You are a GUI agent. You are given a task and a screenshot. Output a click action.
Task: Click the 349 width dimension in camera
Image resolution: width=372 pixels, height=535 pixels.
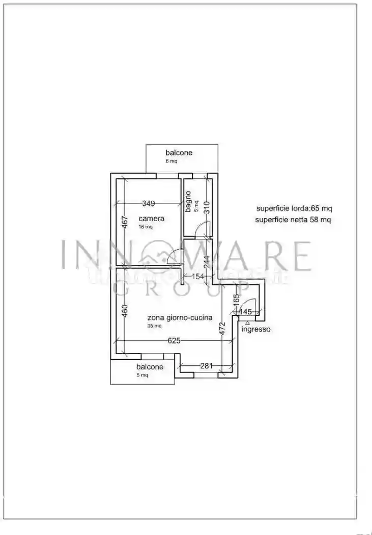pyautogui.click(x=148, y=203)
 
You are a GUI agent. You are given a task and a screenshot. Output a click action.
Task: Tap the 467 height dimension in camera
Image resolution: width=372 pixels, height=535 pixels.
pyautogui.click(x=123, y=224)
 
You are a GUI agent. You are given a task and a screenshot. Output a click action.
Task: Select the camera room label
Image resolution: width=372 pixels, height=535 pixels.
pyautogui.click(x=151, y=219)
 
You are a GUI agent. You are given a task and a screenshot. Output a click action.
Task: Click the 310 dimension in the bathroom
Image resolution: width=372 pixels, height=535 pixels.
pyautogui.click(x=206, y=208)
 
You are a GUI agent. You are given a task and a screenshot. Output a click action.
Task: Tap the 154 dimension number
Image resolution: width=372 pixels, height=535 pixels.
pyautogui.click(x=197, y=276)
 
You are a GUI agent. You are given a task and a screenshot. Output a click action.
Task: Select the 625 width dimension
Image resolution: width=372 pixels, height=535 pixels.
pyautogui.click(x=174, y=341)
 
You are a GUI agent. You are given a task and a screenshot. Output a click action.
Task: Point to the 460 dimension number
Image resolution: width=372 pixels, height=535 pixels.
pyautogui.click(x=124, y=311)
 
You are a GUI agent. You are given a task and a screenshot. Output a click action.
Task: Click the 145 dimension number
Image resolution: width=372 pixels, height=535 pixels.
pyautogui.click(x=246, y=311)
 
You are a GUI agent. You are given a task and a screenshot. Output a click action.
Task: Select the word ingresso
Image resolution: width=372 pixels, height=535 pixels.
pyautogui.click(x=256, y=329)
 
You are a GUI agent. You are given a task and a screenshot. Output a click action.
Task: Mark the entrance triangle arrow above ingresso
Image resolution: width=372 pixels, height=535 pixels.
pyautogui.click(x=247, y=322)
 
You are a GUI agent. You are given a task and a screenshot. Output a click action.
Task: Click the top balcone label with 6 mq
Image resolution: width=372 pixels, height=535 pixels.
pyautogui.click(x=179, y=153)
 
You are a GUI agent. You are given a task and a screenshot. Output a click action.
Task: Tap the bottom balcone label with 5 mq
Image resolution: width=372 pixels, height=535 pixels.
pyautogui.click(x=150, y=367)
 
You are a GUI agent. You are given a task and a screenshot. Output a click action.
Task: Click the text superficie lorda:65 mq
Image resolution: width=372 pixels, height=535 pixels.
pyautogui.click(x=294, y=208)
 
